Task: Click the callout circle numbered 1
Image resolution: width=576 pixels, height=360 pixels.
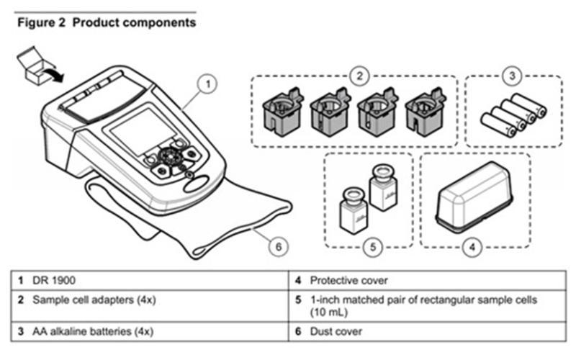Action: (x=207, y=85)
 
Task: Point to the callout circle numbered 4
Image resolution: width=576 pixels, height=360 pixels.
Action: (x=472, y=247)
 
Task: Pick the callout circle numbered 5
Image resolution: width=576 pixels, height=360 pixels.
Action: (x=372, y=247)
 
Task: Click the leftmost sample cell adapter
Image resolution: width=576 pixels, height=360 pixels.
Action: (x=279, y=112)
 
